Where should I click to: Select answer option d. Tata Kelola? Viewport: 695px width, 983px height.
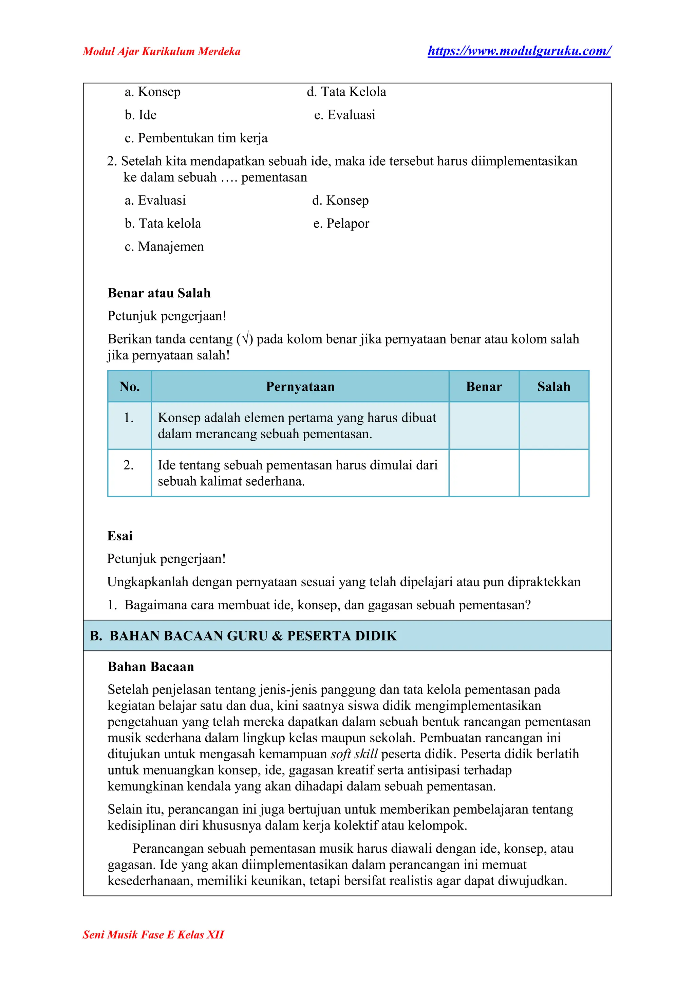coord(346,92)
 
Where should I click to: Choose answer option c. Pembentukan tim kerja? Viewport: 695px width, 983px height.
coord(196,138)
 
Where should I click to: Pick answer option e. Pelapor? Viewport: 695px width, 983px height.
coord(341,223)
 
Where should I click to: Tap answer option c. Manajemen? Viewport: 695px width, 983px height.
coord(164,247)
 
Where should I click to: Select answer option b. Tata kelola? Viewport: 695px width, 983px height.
coord(163,223)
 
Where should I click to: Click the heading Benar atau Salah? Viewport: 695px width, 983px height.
coord(159,293)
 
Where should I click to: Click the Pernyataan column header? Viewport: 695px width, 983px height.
coord(300,387)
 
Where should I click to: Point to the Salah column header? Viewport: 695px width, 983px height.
coord(554,387)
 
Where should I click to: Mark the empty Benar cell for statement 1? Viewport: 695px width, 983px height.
coord(484,426)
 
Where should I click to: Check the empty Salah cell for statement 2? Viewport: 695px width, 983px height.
coord(554,473)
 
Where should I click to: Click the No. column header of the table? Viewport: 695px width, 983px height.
coord(130,387)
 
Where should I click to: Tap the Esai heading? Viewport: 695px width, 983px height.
coord(120,536)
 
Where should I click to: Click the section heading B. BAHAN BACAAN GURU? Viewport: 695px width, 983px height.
coord(243,636)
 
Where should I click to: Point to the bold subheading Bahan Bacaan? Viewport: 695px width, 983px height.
coord(151,667)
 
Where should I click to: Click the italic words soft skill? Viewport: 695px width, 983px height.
coord(354,754)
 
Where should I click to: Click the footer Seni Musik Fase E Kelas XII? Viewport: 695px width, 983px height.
coord(153,934)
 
